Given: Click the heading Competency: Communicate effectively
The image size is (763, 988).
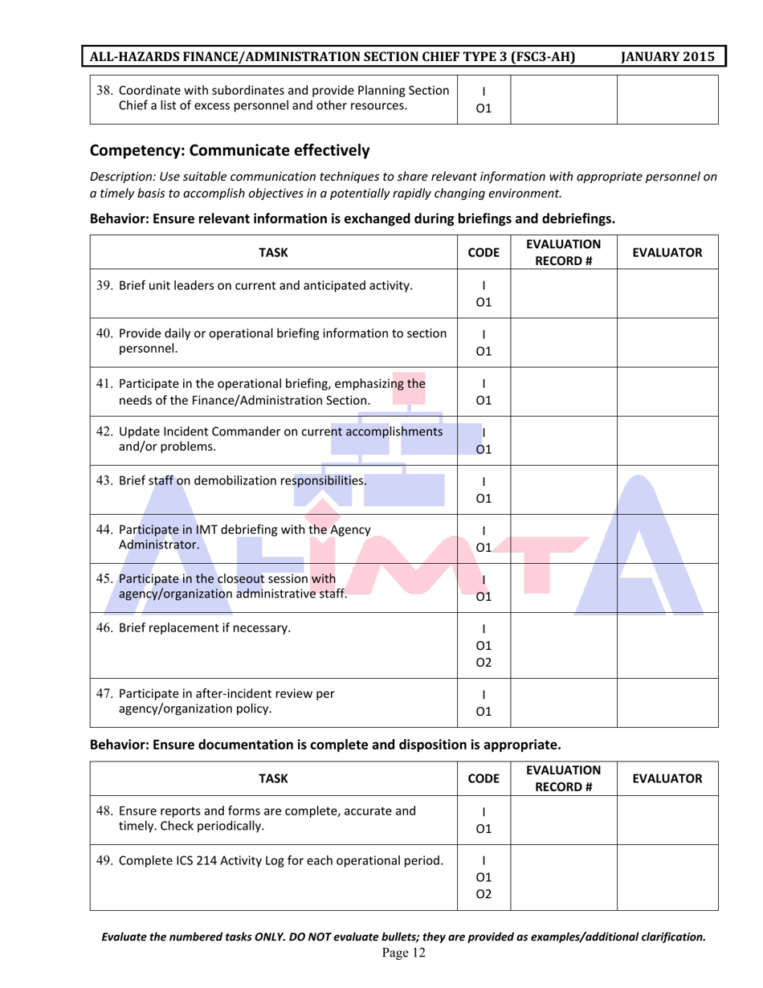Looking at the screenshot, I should pos(230,149).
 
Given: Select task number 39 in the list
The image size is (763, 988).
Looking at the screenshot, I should pos(104,286).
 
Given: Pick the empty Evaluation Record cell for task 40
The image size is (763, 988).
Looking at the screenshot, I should pos(563,343).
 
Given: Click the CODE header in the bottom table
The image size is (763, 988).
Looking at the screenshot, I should pos(484,778).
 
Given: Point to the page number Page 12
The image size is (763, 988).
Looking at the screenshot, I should pos(403,953).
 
